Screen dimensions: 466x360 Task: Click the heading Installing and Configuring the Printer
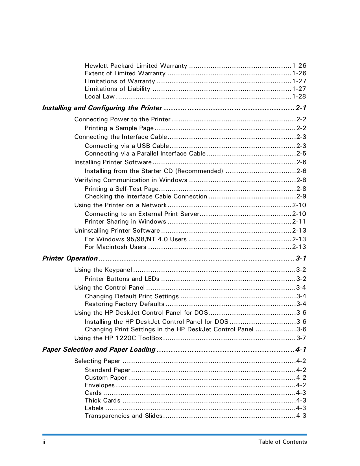coord(102,108)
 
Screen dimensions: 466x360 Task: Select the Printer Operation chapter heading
coord(70,258)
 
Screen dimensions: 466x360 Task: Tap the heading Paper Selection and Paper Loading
coord(99,349)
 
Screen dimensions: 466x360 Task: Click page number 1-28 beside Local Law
coord(299,97)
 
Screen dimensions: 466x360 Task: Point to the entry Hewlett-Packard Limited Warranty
coord(136,66)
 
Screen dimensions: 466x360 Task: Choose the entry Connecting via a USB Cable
coord(127,146)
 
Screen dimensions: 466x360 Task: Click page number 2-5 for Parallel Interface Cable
coord(301,154)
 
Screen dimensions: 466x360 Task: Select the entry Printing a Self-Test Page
coord(121,189)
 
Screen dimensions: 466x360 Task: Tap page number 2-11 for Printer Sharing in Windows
coord(299,222)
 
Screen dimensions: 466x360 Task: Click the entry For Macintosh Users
coord(115,247)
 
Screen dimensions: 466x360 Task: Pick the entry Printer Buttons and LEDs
coord(122,279)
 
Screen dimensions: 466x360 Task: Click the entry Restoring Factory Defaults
coord(125,304)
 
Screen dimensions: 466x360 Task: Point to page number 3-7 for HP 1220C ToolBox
coord(301,338)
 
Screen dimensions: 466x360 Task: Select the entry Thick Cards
coord(102,401)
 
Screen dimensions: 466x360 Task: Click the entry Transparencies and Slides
coord(123,416)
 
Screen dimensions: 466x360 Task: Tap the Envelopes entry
coord(100,385)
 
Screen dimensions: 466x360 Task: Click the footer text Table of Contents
coord(282,442)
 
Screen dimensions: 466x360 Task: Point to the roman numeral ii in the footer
coord(44,442)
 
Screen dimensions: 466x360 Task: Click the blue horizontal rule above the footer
coord(174,435)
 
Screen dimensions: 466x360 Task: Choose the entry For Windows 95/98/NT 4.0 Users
coord(136,239)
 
